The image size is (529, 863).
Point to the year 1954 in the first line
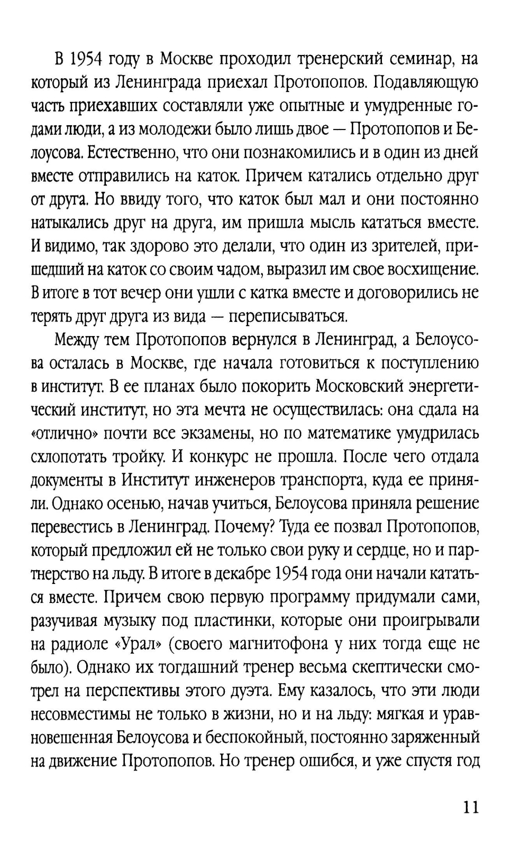pyautogui.click(x=86, y=59)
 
